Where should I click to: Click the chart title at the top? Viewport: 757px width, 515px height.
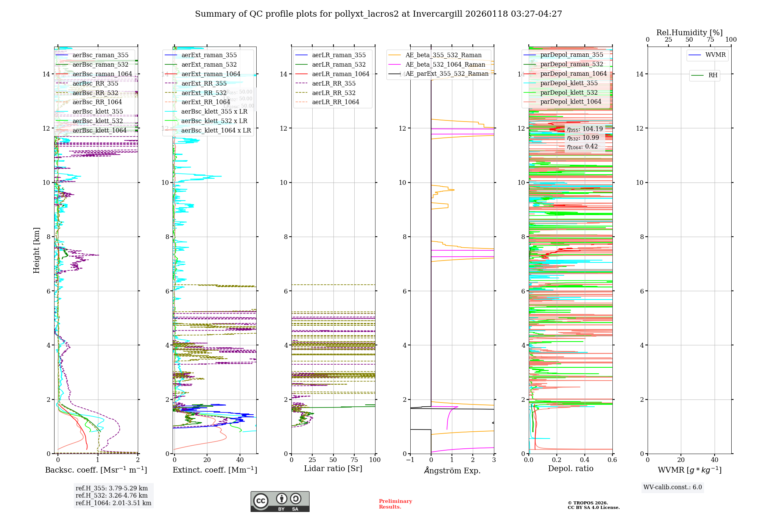click(x=378, y=14)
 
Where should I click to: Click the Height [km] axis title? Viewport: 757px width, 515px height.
click(x=36, y=250)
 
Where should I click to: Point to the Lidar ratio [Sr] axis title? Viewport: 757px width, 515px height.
click(x=333, y=468)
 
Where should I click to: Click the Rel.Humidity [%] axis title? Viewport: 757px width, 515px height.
click(x=689, y=33)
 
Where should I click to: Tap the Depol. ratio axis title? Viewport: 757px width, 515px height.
click(x=570, y=468)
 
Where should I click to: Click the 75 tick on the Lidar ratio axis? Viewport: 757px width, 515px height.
click(x=354, y=460)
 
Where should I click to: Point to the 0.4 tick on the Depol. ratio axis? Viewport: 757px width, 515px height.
click(x=584, y=460)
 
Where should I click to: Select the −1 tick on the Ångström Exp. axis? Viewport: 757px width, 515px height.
click(x=410, y=460)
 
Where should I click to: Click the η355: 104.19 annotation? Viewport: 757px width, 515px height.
click(x=585, y=129)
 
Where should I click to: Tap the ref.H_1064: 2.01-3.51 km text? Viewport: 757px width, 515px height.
click(x=114, y=503)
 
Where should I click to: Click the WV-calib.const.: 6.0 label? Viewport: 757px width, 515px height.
click(x=673, y=487)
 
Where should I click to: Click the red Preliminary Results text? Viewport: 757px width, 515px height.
click(x=395, y=504)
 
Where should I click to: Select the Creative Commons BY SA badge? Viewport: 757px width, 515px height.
click(x=280, y=501)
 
